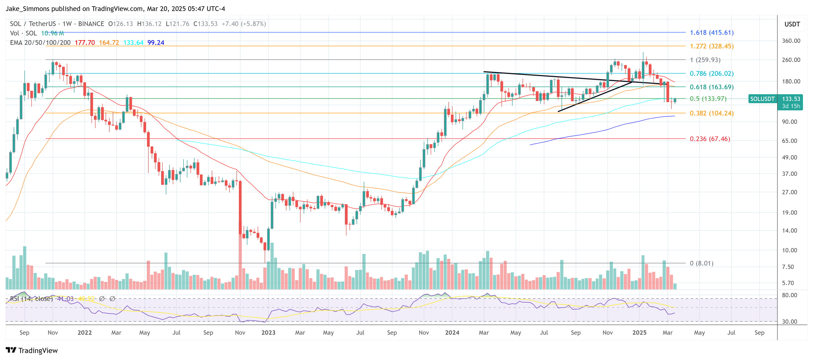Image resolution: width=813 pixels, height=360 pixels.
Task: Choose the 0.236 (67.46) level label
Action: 709,139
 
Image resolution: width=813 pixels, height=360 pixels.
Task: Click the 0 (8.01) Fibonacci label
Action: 701,263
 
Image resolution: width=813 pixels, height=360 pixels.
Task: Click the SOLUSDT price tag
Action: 762,99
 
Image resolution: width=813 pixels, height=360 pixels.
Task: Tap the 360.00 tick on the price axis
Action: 791,41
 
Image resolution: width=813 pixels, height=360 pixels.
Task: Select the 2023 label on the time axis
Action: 268,333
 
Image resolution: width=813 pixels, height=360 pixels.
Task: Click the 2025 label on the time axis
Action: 639,333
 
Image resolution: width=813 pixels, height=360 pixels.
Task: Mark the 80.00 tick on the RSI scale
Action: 789,295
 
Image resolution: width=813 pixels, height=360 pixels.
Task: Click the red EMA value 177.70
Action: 84,43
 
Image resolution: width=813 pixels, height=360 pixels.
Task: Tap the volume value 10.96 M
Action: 52,33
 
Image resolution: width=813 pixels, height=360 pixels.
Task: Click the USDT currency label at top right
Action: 792,24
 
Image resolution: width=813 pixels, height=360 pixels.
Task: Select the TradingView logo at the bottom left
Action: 32,350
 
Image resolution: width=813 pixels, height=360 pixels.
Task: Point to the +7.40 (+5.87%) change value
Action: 244,24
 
